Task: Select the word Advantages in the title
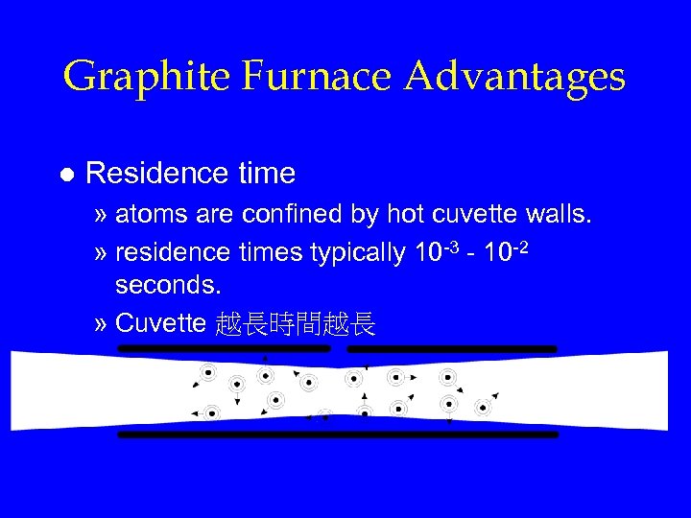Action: (x=515, y=77)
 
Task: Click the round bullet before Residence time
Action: (x=65, y=175)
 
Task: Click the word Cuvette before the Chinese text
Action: (x=160, y=323)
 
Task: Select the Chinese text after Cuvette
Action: (x=295, y=324)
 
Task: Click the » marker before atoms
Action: (x=103, y=214)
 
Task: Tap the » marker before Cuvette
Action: (x=103, y=324)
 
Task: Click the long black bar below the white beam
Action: (x=337, y=435)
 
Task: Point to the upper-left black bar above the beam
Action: (x=223, y=348)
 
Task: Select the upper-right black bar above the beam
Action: (x=451, y=348)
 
